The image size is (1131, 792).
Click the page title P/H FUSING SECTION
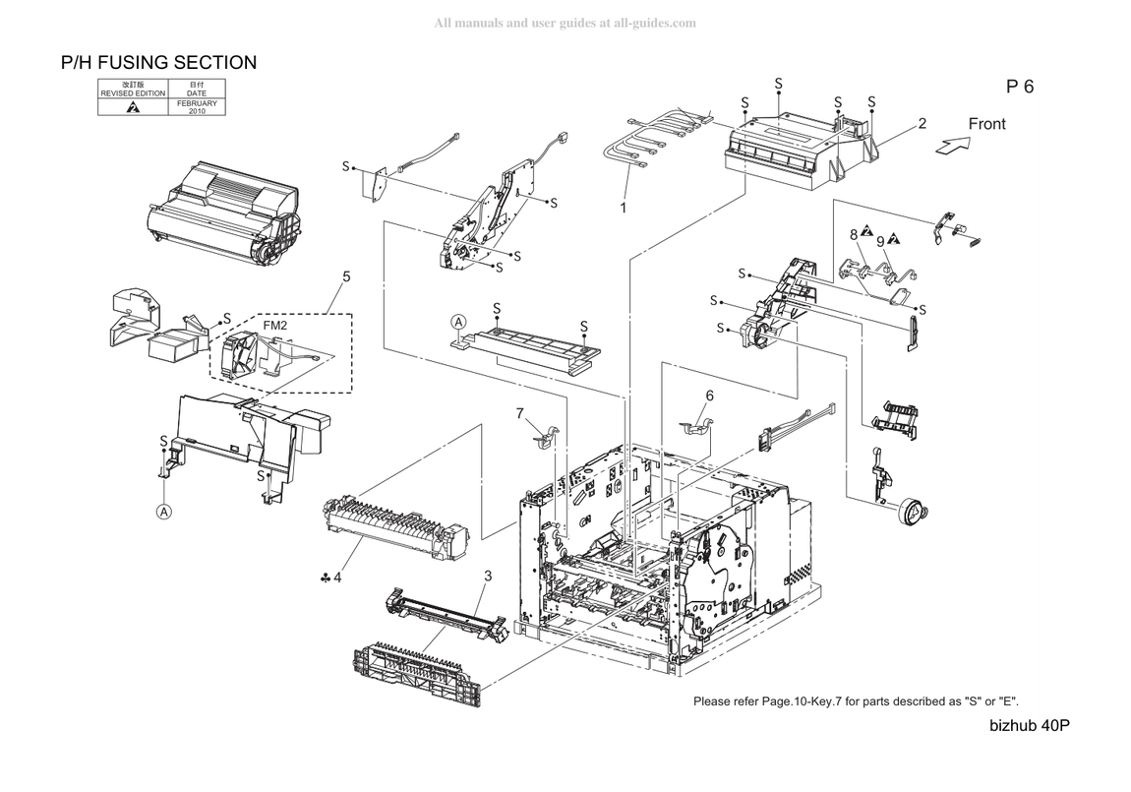pyautogui.click(x=158, y=63)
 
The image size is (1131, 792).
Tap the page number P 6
pyautogui.click(x=1020, y=87)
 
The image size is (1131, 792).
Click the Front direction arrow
pyautogui.click(x=953, y=145)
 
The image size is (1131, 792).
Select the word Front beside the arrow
pyautogui.click(x=986, y=124)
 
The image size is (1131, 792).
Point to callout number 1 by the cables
pyautogui.click(x=624, y=208)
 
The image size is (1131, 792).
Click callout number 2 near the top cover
pyautogui.click(x=922, y=123)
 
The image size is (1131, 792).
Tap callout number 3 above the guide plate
pyautogui.click(x=489, y=576)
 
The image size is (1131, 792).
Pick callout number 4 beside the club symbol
pyautogui.click(x=337, y=578)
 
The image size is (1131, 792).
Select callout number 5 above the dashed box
pyautogui.click(x=346, y=277)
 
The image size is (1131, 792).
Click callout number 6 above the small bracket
pyautogui.click(x=710, y=396)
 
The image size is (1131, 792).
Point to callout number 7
pyautogui.click(x=520, y=413)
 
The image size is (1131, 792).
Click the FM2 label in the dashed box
pyautogui.click(x=274, y=326)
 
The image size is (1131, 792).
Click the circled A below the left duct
pyautogui.click(x=164, y=512)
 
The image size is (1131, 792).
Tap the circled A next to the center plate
pyautogui.click(x=458, y=323)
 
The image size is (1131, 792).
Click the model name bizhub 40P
pyautogui.click(x=1030, y=726)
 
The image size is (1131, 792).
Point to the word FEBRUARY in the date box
pyautogui.click(x=197, y=103)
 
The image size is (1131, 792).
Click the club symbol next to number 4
pyautogui.click(x=326, y=578)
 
